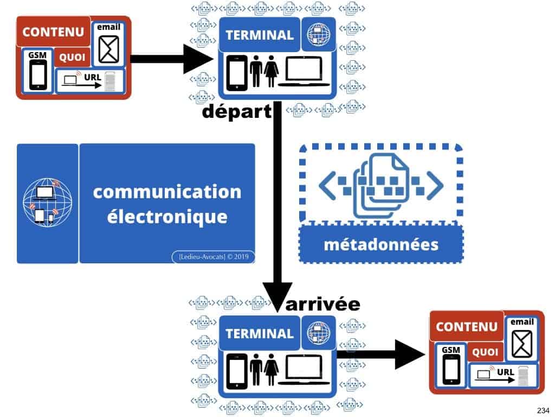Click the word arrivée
(323, 304)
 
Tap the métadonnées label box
(380, 244)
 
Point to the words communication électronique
(167, 204)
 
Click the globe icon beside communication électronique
(47, 204)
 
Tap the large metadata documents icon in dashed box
(380, 184)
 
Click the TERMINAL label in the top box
(259, 35)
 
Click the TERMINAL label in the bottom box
(259, 333)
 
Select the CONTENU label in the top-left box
(49, 32)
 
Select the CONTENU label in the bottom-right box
(466, 326)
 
